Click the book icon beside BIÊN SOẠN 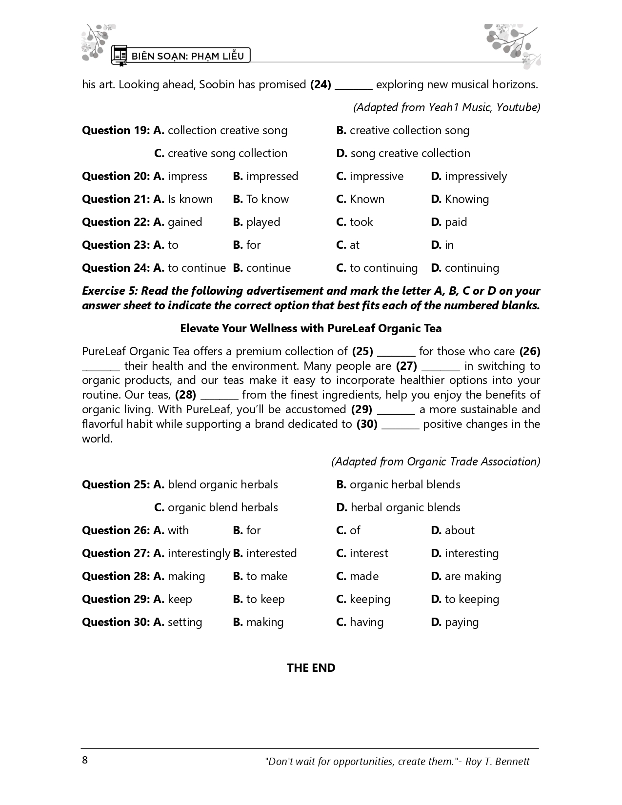tap(119, 56)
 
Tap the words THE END tap(311, 668)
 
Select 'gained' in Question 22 tap(184, 222)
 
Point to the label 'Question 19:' tap(116, 130)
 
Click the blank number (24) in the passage tap(321, 84)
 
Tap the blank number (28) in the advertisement tap(185, 395)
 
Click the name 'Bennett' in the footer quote tap(512, 761)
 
